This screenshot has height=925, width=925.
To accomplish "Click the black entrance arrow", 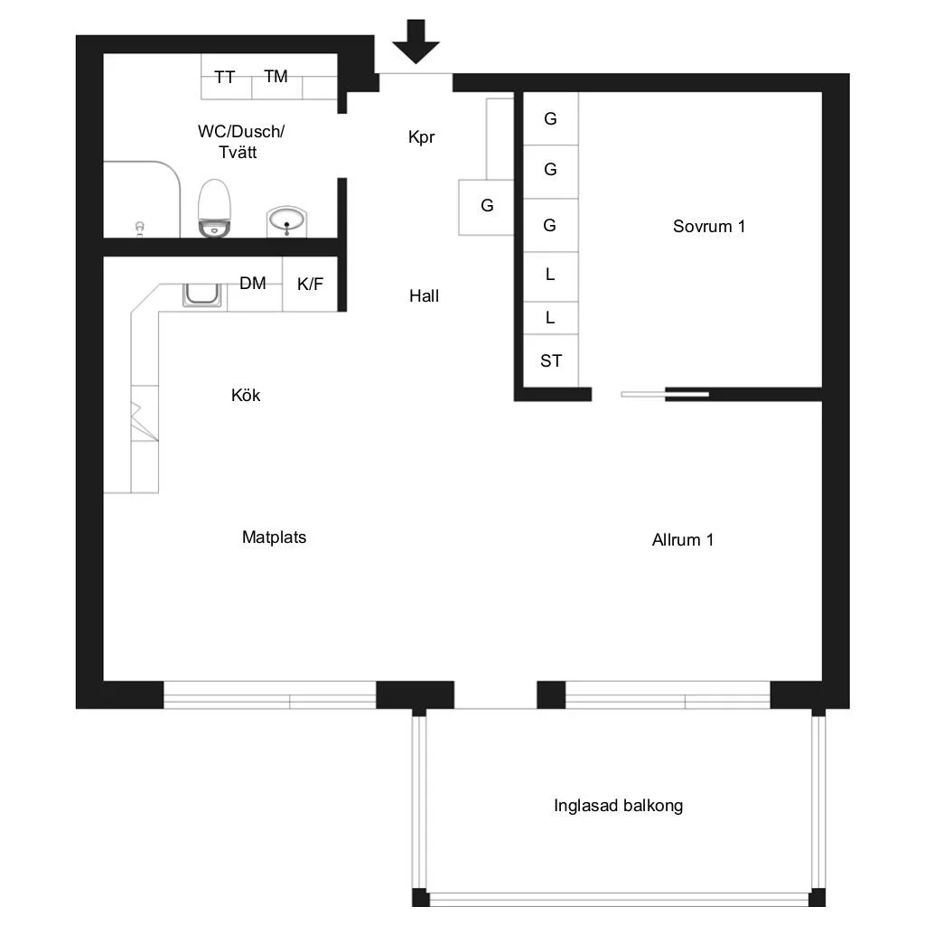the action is coord(416,42).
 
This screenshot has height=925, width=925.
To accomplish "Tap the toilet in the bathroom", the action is coord(214,209).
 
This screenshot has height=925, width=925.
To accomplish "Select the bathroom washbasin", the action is coord(286,221).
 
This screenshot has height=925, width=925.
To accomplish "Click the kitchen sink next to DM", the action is coord(201,294).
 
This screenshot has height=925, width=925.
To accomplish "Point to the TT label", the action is coord(225,78).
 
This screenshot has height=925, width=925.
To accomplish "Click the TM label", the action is coord(276,76).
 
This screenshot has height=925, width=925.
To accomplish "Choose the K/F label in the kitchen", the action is coord(311,285).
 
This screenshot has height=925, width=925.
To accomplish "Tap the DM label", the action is coord(253,283).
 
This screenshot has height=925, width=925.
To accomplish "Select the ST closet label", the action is coord(551,360).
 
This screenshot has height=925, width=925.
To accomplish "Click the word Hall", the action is coord(425,296).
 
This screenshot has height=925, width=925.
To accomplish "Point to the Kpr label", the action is coord(421,137).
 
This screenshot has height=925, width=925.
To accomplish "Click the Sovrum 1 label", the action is coord(709,227).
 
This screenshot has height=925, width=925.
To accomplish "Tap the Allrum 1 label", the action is coord(683,540).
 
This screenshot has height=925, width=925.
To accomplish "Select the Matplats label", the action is coord(275,537).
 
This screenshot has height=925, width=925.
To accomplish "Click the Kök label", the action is coord(246,395).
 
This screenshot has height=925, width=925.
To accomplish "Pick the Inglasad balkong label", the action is coord(618,806).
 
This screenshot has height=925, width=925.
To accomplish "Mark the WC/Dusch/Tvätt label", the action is coord(240,142).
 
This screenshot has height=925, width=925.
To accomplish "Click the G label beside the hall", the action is coord(487,205).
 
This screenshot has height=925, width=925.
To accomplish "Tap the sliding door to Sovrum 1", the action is coord(665,394).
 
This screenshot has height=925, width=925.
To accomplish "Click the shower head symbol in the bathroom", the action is coord(140,229).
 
